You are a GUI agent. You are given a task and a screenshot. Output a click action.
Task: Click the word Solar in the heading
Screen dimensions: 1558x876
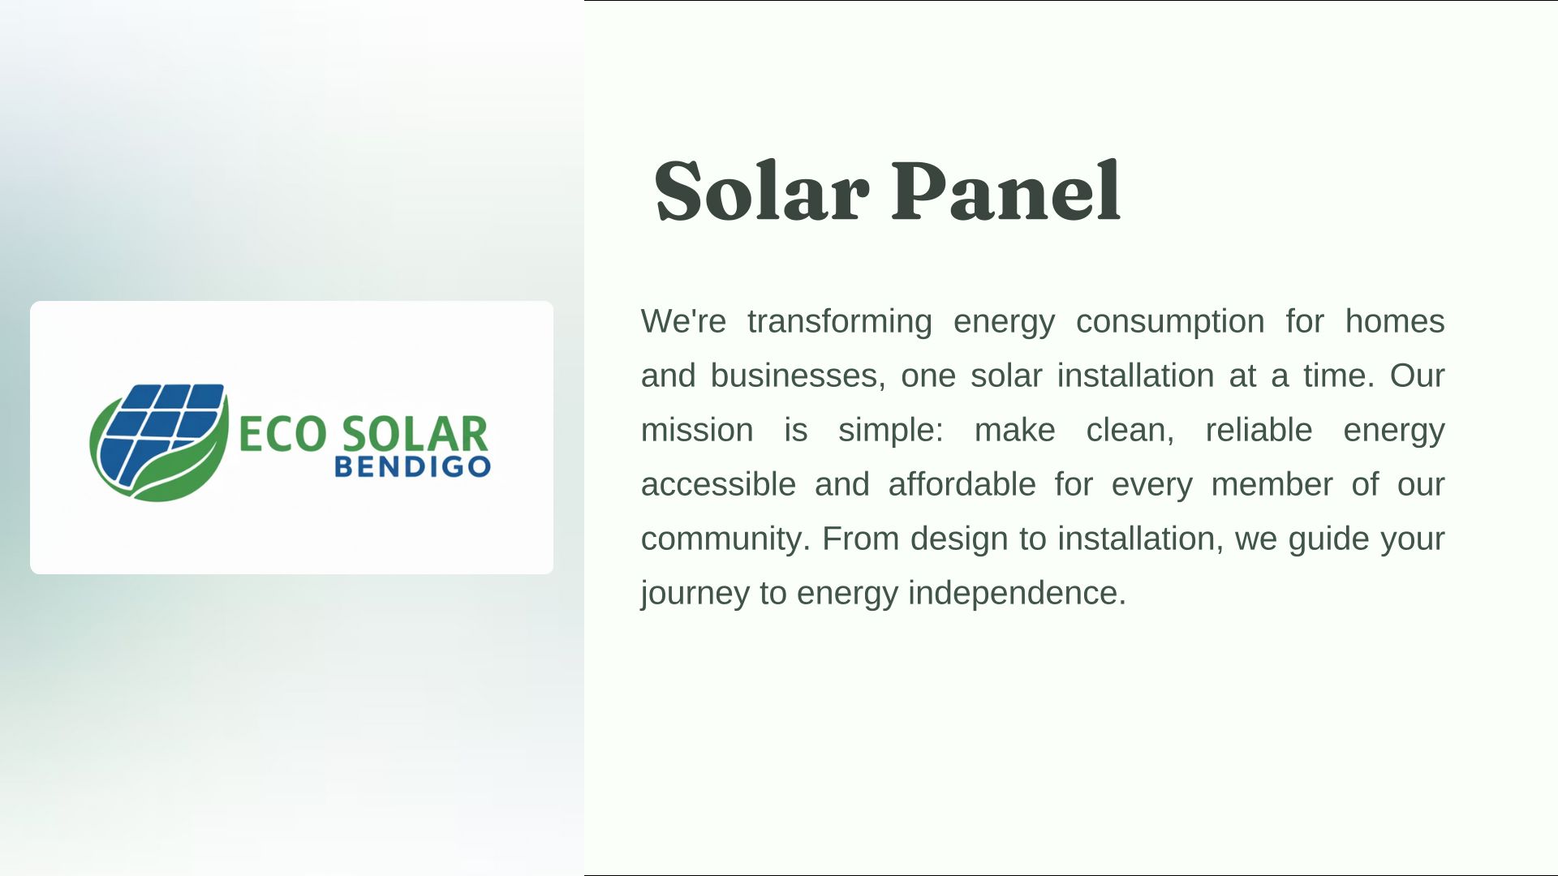(762, 191)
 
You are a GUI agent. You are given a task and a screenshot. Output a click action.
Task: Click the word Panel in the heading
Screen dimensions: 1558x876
(1007, 191)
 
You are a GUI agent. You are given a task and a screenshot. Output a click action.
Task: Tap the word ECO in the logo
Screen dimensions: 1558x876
(282, 434)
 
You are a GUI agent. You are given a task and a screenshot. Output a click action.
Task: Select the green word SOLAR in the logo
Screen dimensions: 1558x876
(415, 434)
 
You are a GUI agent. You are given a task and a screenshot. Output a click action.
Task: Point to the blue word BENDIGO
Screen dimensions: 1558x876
(413, 467)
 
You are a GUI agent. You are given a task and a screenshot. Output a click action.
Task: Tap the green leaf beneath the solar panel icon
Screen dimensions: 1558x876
(174, 466)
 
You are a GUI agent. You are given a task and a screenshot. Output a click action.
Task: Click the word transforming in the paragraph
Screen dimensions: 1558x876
(840, 322)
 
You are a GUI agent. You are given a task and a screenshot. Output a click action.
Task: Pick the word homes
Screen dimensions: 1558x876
(1395, 321)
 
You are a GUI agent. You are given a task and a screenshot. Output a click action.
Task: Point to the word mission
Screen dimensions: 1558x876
(697, 430)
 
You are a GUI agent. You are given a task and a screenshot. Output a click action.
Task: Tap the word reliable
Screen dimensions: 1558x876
(1259, 430)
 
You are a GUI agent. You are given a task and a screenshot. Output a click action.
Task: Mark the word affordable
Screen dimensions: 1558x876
(962, 484)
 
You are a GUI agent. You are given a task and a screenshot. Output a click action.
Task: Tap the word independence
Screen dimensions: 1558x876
(1017, 593)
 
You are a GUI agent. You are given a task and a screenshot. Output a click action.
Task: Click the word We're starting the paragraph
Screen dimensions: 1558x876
(683, 321)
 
